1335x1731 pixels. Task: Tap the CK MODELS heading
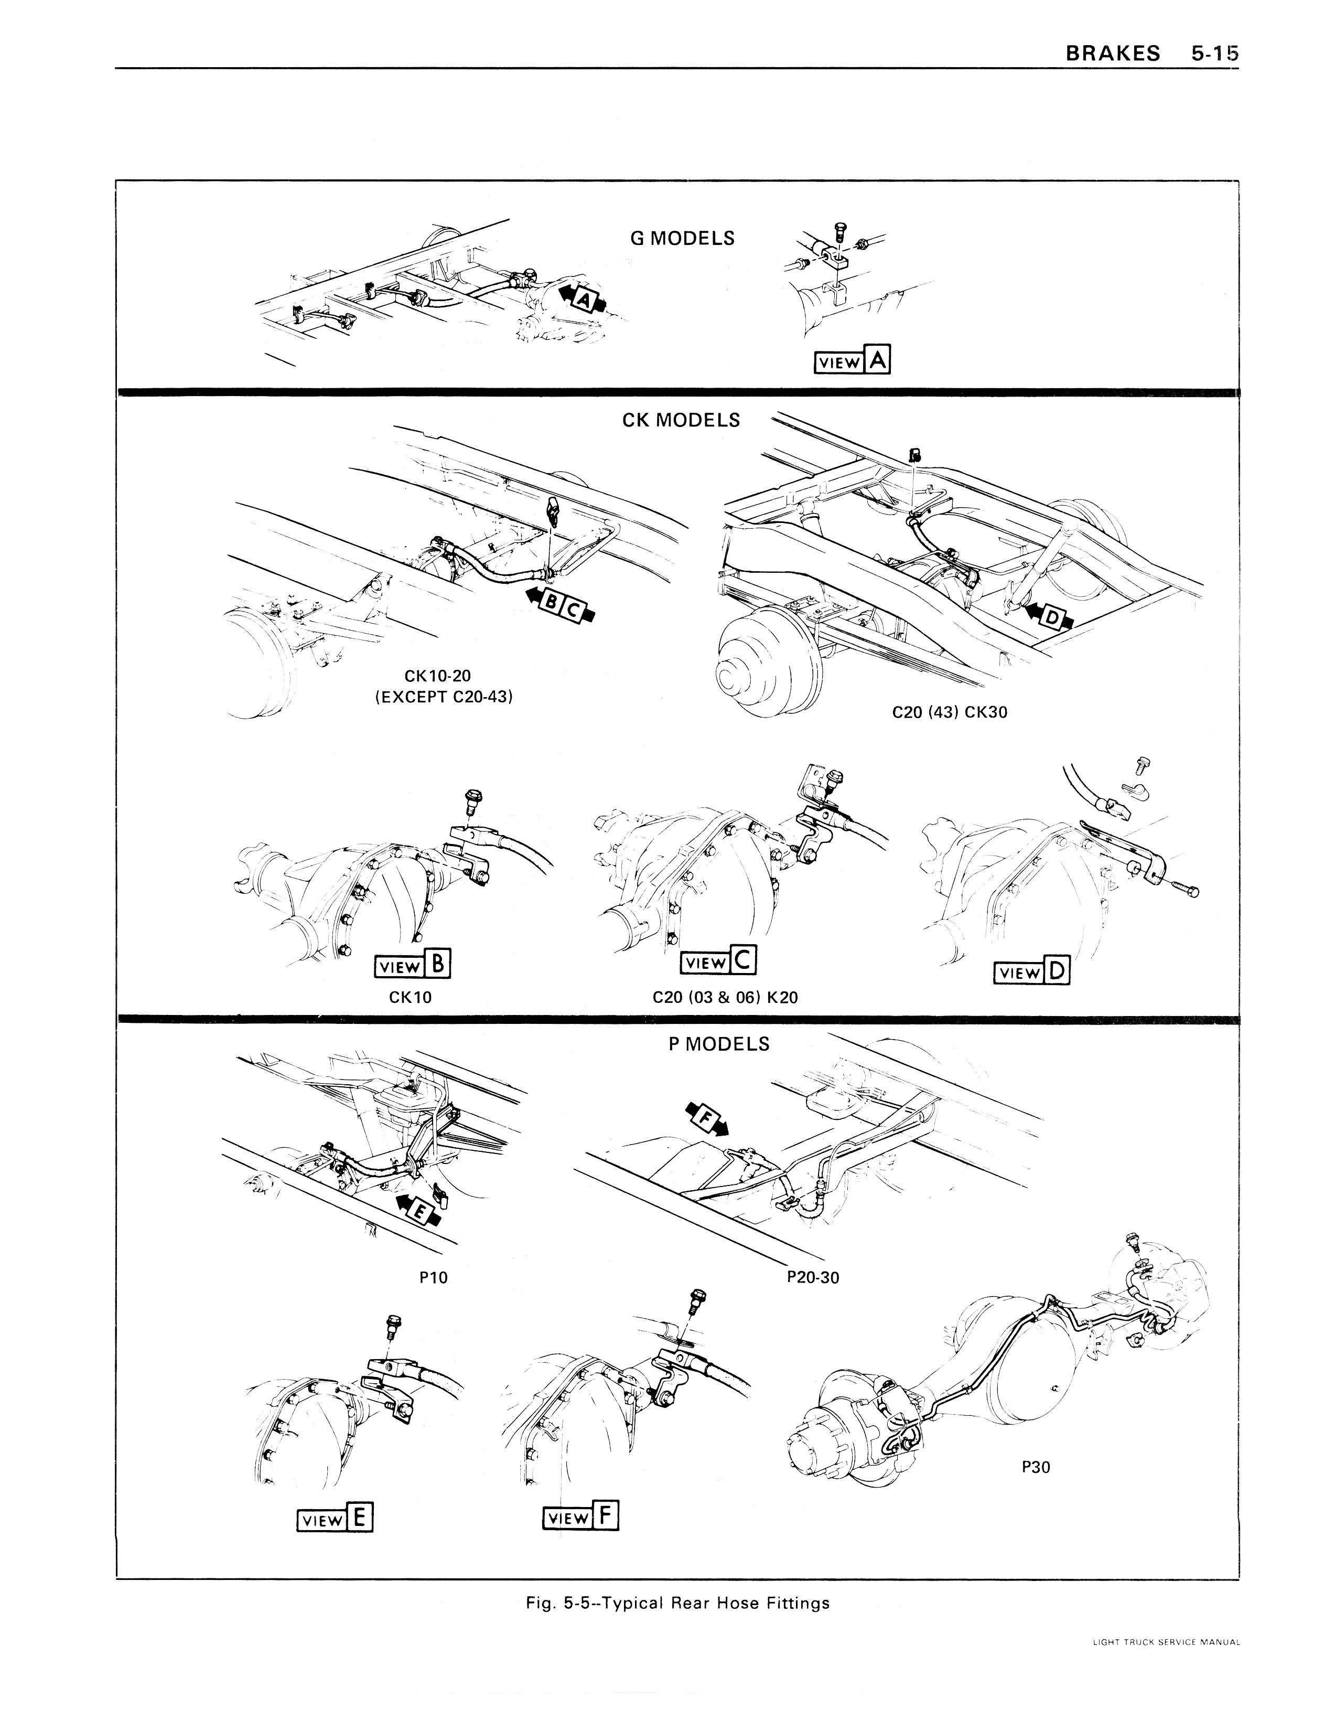click(x=681, y=420)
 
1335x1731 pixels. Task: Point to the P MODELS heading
click(x=718, y=1044)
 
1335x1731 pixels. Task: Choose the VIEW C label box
click(x=718, y=962)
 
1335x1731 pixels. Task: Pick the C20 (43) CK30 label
click(x=949, y=712)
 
